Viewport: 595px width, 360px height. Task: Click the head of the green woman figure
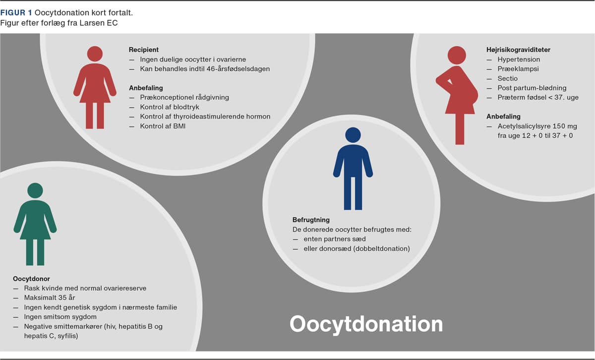click(x=35, y=190)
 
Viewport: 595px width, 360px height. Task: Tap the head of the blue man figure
click(x=353, y=135)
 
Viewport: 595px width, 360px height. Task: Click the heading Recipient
click(x=144, y=50)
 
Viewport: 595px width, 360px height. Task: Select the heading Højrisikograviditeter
click(x=518, y=50)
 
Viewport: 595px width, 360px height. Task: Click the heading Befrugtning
click(x=311, y=220)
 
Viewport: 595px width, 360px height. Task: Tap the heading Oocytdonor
click(x=31, y=279)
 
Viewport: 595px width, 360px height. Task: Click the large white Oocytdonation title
click(x=366, y=324)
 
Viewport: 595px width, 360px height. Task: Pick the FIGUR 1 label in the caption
click(x=16, y=12)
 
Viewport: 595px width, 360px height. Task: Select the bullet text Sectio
click(x=508, y=78)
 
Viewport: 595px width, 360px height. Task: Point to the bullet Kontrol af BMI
click(x=163, y=126)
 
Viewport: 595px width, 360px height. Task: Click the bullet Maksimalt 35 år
click(x=50, y=298)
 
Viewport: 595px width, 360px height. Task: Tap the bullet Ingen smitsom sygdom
click(x=60, y=317)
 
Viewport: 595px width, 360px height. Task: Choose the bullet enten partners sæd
click(x=335, y=239)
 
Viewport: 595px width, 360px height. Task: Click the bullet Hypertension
click(x=519, y=59)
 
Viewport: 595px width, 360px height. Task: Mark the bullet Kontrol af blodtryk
click(x=170, y=107)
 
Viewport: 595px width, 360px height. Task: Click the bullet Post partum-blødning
click(x=532, y=88)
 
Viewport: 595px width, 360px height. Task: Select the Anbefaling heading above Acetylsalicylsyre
click(x=503, y=117)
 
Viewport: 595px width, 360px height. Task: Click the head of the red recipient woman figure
click(x=95, y=54)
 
